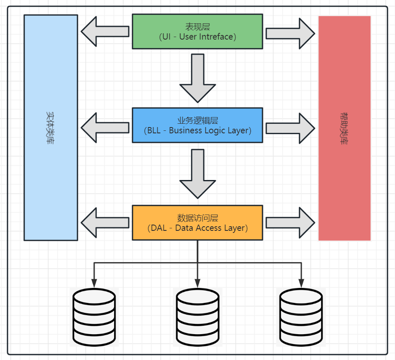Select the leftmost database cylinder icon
click(94, 316)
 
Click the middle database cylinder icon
click(197, 316)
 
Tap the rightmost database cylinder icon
click(301, 316)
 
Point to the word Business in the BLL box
click(186, 130)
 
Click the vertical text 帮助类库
click(344, 128)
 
